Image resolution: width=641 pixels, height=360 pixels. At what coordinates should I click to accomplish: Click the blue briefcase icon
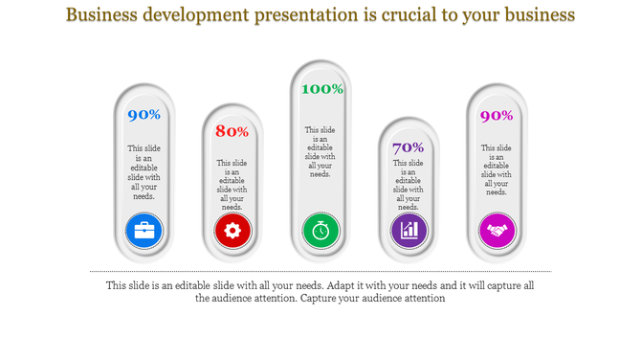click(144, 230)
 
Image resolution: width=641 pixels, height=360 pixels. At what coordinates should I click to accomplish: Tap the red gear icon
click(232, 230)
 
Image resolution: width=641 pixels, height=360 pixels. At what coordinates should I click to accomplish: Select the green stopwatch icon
click(320, 230)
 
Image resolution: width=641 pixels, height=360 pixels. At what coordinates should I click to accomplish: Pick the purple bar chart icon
click(409, 230)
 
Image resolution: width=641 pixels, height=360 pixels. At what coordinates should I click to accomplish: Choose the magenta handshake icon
click(497, 230)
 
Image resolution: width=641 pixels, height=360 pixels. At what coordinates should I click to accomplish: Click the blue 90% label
click(144, 115)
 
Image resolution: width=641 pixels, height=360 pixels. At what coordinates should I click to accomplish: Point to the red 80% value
click(232, 131)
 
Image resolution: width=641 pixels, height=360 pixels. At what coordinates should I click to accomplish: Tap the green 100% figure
click(321, 89)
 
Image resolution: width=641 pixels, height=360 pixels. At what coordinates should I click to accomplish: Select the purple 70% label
click(409, 147)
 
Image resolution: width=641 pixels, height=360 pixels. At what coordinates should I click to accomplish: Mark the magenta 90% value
click(497, 116)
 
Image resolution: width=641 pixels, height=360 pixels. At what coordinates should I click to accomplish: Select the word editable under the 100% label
click(320, 147)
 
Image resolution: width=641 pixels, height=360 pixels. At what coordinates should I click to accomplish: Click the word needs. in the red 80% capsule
click(232, 207)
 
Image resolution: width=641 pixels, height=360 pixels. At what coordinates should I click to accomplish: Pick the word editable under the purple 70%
click(409, 181)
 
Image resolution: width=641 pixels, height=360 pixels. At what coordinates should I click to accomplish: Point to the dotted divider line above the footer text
click(320, 272)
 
